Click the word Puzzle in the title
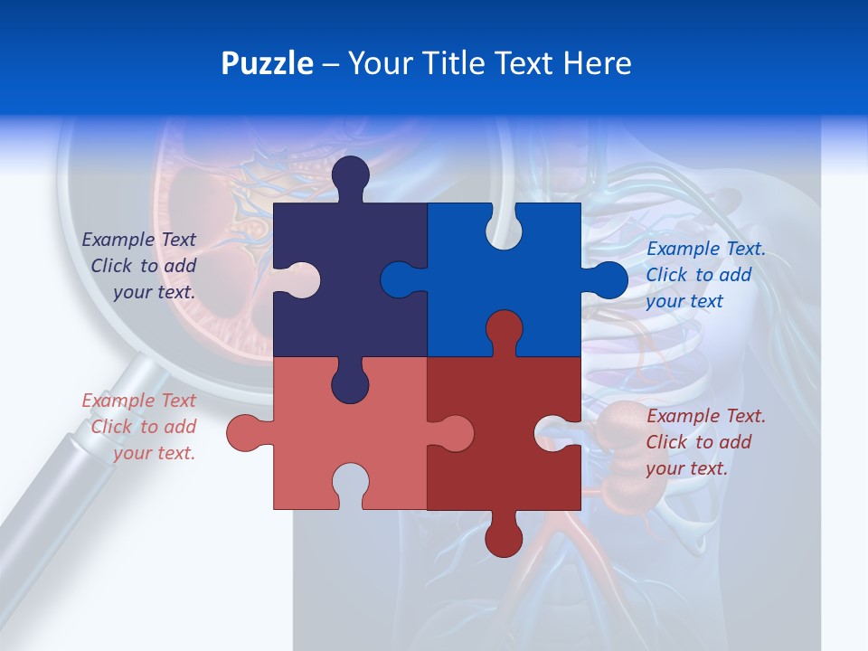(x=267, y=63)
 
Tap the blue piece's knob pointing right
(x=609, y=279)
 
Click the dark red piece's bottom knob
(x=504, y=538)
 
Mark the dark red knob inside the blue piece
(x=504, y=329)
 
